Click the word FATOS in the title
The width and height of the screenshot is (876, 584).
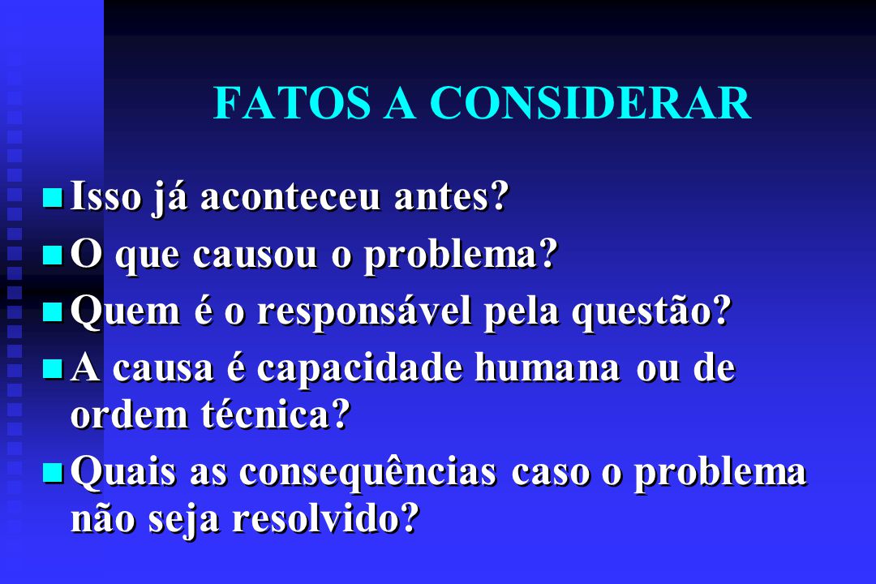pyautogui.click(x=292, y=103)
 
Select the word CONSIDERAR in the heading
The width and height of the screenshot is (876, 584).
pyautogui.click(x=590, y=103)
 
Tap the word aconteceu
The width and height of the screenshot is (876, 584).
pyautogui.click(x=290, y=197)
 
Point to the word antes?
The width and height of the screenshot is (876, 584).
pyautogui.click(x=452, y=197)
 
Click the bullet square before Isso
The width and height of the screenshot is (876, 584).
pyautogui.click(x=53, y=198)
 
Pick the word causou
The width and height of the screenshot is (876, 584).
pyautogui.click(x=255, y=255)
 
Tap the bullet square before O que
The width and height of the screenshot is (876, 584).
pyautogui.click(x=53, y=255)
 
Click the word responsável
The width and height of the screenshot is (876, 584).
pyautogui.click(x=364, y=311)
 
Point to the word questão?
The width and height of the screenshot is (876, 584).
pyautogui.click(x=651, y=311)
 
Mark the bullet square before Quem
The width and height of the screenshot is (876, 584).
pyautogui.click(x=53, y=311)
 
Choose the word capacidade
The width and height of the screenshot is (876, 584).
pyautogui.click(x=360, y=369)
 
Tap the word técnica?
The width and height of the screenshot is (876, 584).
pyautogui.click(x=276, y=414)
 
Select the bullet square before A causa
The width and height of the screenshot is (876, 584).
pyautogui.click(x=53, y=369)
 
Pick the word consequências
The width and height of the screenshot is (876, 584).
pyautogui.click(x=367, y=472)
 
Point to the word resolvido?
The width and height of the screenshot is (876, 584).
pyautogui.click(x=326, y=518)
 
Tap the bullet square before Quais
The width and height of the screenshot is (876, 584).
pyautogui.click(x=53, y=473)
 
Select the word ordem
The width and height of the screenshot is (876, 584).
pyautogui.click(x=130, y=414)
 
